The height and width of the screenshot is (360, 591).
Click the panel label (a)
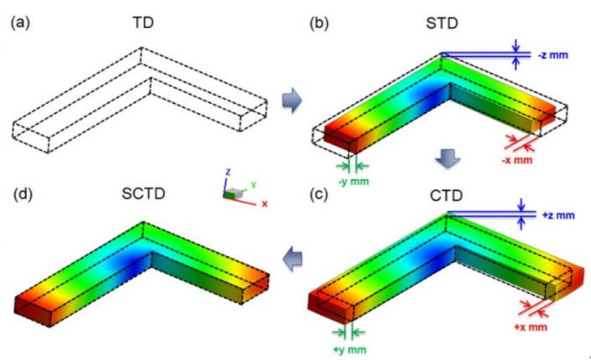(x=20, y=23)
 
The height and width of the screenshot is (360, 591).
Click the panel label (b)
(x=319, y=23)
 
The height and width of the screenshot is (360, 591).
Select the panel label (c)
(x=318, y=194)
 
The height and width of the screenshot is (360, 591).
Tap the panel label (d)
(x=23, y=193)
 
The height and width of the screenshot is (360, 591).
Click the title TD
(x=143, y=23)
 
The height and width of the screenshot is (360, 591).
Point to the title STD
(x=442, y=23)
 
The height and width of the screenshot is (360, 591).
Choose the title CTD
(x=446, y=196)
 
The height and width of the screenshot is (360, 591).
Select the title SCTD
(x=144, y=193)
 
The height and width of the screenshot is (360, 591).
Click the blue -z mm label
(x=553, y=55)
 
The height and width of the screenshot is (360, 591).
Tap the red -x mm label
(x=517, y=160)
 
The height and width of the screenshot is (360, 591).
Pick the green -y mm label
(x=353, y=182)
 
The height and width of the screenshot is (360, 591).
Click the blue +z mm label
(x=558, y=216)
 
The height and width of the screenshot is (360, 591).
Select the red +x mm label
(x=531, y=327)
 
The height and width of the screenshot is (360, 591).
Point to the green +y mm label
(x=349, y=350)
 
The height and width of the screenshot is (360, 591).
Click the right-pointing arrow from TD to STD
(x=291, y=100)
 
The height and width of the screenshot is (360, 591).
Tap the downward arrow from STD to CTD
(x=448, y=159)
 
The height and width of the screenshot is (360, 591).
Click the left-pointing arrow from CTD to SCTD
(x=292, y=259)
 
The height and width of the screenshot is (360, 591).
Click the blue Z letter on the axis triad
(x=228, y=172)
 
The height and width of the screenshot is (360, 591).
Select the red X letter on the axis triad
(x=265, y=204)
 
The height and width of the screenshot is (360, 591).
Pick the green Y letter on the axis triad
(x=254, y=185)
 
